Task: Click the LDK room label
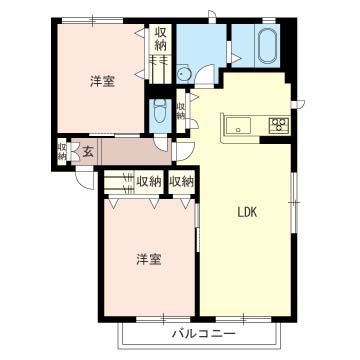[x=247, y=213]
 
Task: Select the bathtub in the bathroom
[x=267, y=46]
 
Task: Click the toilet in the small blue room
[x=160, y=112]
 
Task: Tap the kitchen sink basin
[x=238, y=126]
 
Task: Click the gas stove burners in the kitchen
[x=279, y=125]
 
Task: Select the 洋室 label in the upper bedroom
[x=103, y=82]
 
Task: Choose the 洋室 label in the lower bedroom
[x=149, y=260]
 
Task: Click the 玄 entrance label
[x=88, y=152]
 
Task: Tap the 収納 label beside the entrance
[x=62, y=151]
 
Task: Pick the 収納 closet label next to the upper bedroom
[x=160, y=39]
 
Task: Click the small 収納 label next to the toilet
[x=180, y=111]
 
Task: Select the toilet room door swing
[x=161, y=145]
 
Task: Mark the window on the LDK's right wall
[x=294, y=202]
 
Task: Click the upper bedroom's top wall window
[x=92, y=21]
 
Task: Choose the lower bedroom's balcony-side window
[x=163, y=319]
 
